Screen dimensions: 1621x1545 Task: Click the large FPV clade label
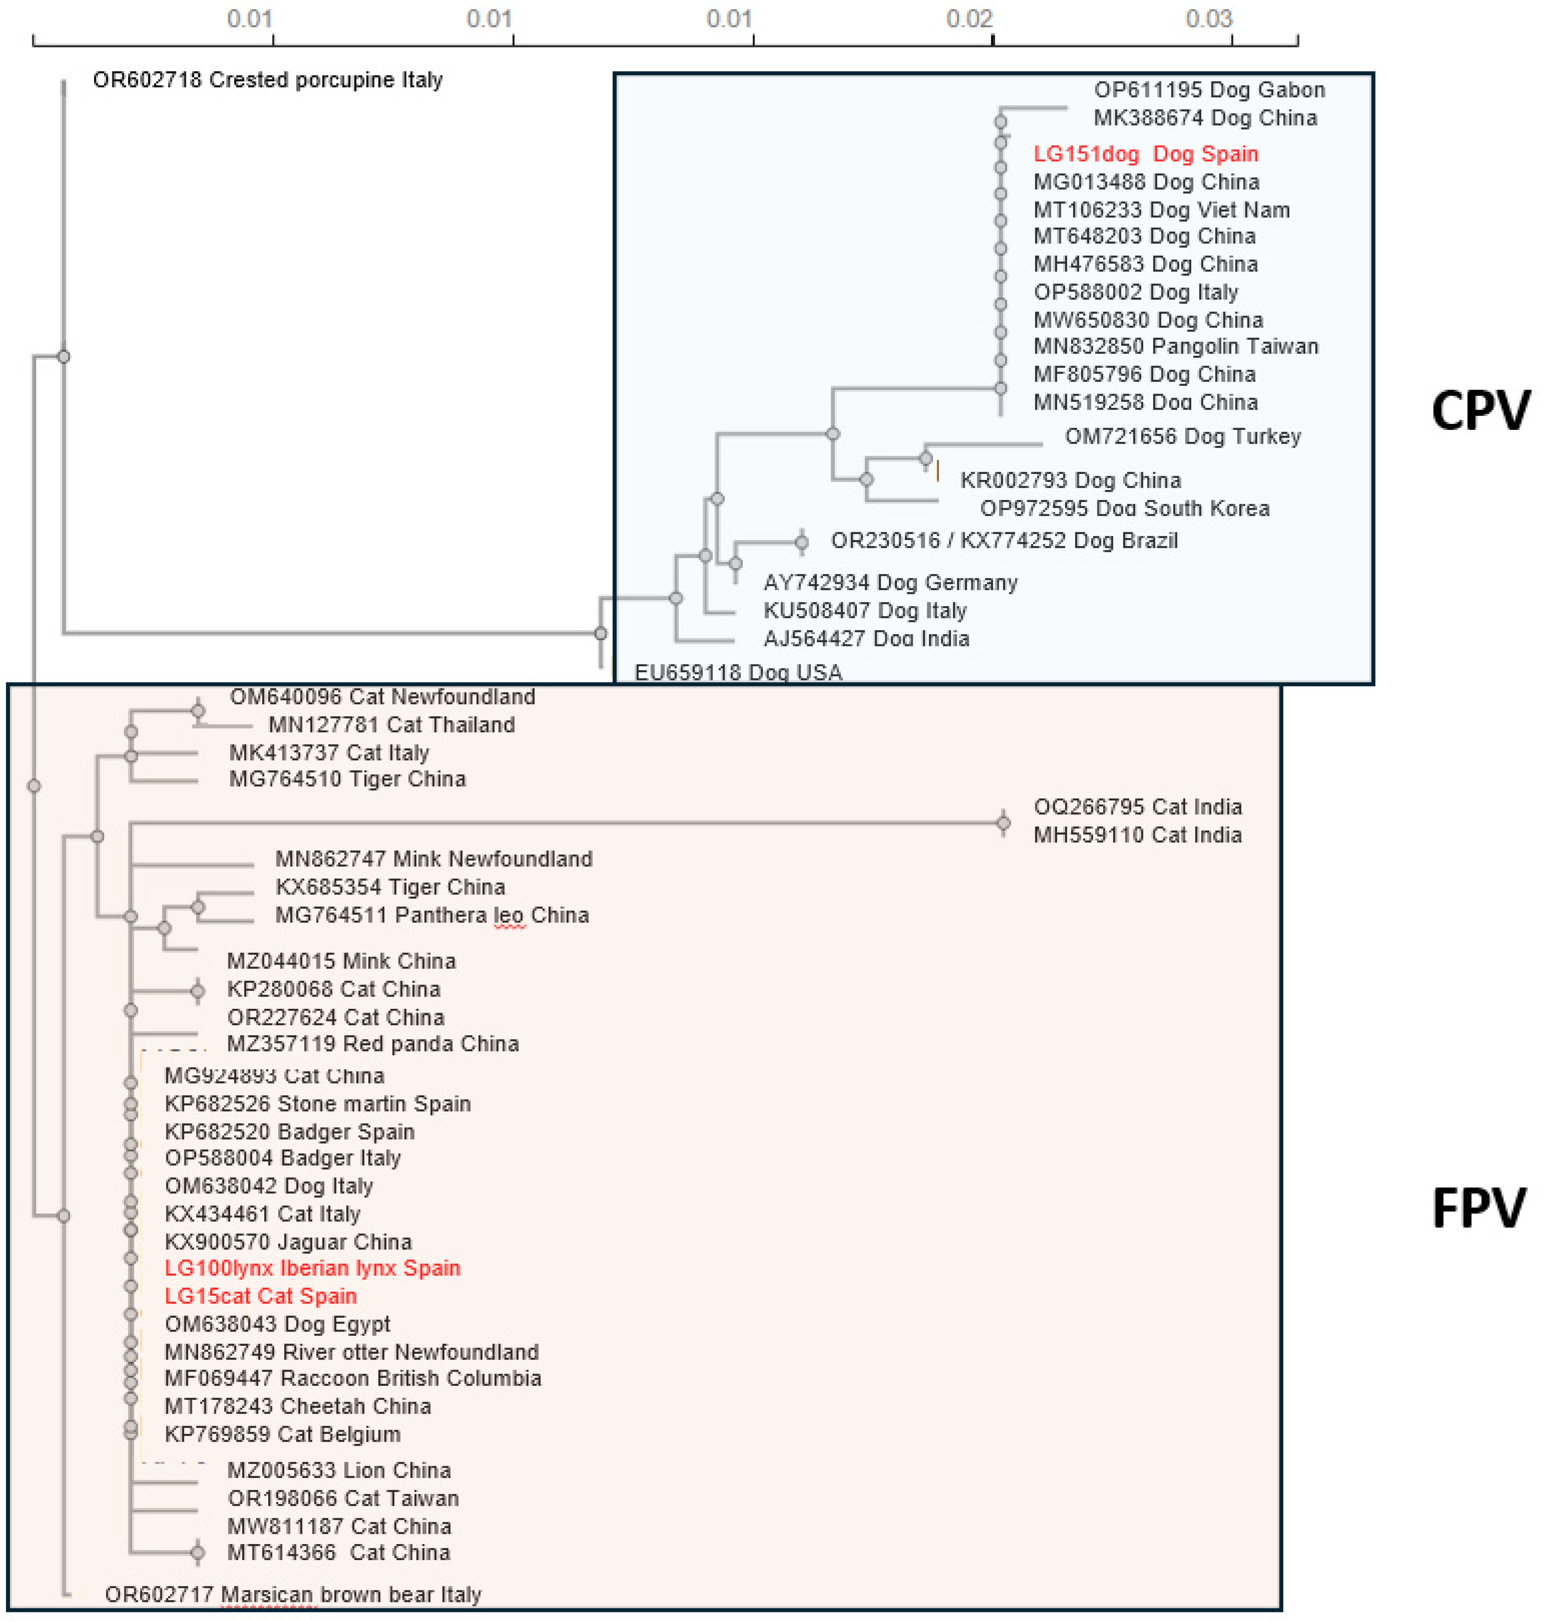click(x=1478, y=1209)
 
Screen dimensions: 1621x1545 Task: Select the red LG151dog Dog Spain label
click(x=1145, y=154)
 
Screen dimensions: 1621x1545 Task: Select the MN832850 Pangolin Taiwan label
click(x=1175, y=347)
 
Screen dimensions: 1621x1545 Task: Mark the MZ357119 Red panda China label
click(x=372, y=1044)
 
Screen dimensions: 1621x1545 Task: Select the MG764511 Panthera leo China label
click(x=431, y=915)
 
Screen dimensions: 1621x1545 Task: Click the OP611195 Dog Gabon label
click(x=1209, y=90)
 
